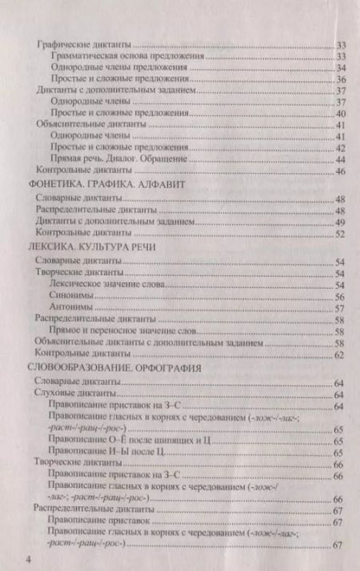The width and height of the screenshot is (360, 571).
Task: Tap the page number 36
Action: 341,80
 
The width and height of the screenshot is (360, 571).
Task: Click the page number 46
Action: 341,170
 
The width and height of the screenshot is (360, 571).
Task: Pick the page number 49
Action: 341,222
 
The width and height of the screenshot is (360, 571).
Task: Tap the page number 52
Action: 341,234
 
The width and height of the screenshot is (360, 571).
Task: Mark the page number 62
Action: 341,355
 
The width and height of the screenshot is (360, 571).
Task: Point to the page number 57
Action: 341,308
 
